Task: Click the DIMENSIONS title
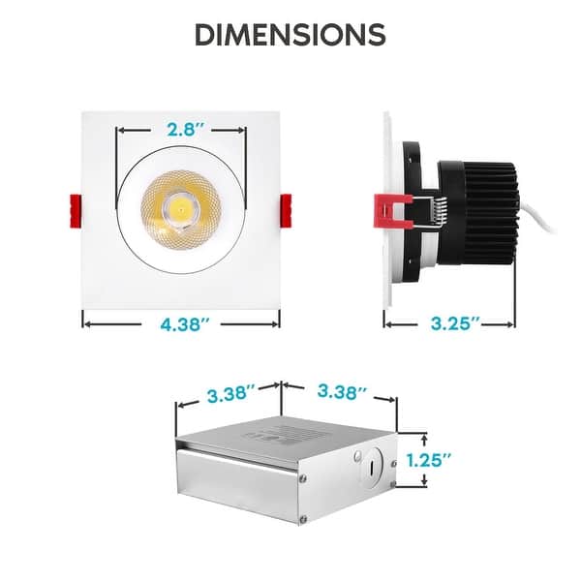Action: tap(290, 34)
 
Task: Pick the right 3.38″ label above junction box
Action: tap(343, 392)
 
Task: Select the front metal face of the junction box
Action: tap(242, 484)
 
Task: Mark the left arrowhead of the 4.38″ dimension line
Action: tap(85, 323)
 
